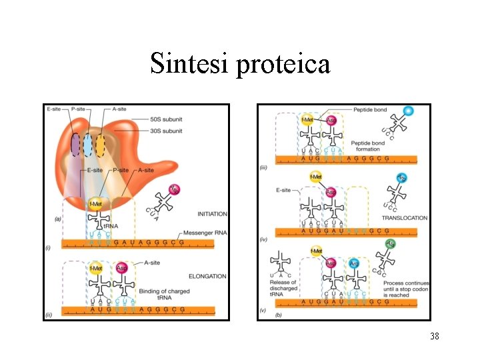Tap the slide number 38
(x=435, y=337)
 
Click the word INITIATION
(x=212, y=214)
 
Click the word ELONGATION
(x=207, y=276)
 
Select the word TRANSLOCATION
(x=404, y=218)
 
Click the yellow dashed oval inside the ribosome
(x=101, y=145)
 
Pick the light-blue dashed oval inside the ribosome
(x=87, y=145)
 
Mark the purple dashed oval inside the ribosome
(x=75, y=145)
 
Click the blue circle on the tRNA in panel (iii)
(x=409, y=111)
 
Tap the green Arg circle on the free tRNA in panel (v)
(x=391, y=244)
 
